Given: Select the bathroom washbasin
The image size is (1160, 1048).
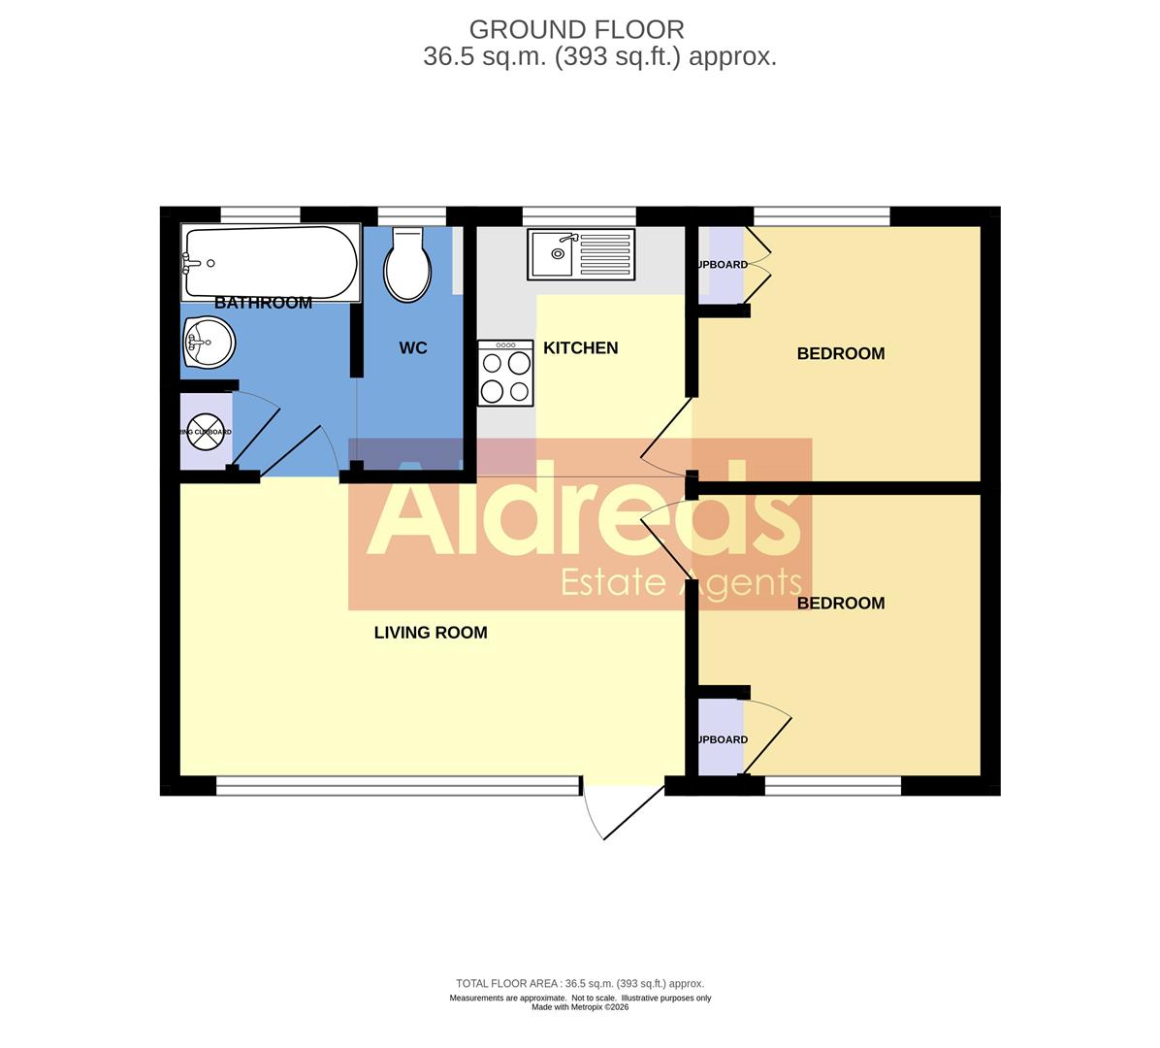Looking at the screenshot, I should tap(208, 343).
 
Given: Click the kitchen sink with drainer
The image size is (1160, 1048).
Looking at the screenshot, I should tap(580, 254).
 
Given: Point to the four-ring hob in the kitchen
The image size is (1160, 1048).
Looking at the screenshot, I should tap(505, 373).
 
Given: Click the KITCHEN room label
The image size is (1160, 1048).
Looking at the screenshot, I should tap(580, 347).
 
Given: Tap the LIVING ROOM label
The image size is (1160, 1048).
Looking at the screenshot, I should tap(431, 633).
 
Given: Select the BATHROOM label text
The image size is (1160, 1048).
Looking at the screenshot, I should tap(263, 303).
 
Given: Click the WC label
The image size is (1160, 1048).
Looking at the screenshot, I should tap(413, 347).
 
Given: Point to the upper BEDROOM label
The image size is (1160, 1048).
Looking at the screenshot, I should tap(840, 353).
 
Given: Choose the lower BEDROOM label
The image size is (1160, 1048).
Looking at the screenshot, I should tap(840, 603).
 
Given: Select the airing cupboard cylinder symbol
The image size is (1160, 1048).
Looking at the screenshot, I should tap(205, 432).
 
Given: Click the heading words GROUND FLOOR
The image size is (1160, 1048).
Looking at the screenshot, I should tap(576, 30).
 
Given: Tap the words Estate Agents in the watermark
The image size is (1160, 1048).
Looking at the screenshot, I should tap(682, 582).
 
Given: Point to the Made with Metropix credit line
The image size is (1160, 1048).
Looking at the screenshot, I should tap(580, 1007).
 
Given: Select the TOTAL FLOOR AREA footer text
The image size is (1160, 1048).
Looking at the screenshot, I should tap(580, 983).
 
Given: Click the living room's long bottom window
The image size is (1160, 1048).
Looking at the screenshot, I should tap(398, 786).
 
